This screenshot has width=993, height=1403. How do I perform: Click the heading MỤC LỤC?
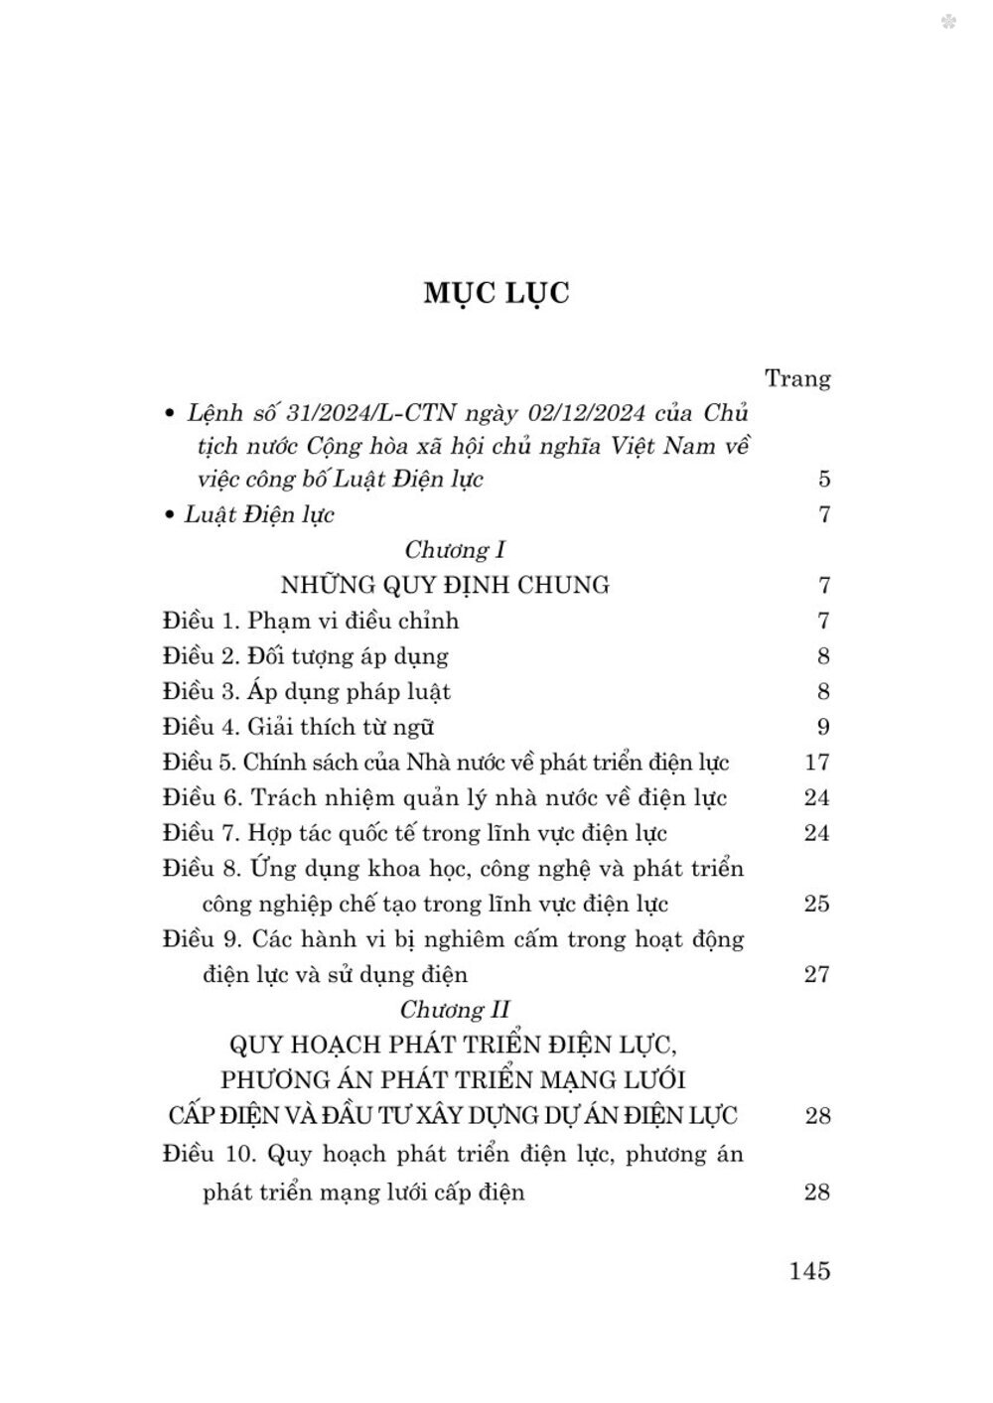pos(496,294)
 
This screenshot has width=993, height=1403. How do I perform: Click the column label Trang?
pos(797,378)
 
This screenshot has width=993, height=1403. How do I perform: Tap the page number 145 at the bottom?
pos(809,1270)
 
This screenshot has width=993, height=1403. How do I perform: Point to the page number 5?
pos(824,479)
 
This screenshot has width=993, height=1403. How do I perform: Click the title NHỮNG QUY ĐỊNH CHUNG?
pos(445,585)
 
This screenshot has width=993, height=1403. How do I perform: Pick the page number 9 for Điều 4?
pos(823,727)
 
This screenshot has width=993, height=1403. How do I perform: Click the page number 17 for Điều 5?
pos(816,763)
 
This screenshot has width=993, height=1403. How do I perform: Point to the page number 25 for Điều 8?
pos(816,904)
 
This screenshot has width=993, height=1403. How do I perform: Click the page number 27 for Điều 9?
pos(816,974)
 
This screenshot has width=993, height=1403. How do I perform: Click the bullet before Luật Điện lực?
pos(169,515)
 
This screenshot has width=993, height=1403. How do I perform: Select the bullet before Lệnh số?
pos(169,413)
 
